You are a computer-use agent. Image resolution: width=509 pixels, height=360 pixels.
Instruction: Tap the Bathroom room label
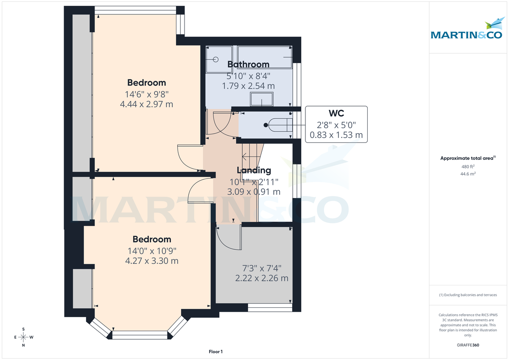tap(248, 64)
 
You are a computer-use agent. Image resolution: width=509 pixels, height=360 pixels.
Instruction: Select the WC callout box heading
tap(336, 114)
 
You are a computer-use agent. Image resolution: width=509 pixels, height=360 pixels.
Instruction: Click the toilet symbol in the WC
tap(278, 125)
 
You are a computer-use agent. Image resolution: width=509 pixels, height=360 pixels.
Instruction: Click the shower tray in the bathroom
tap(219, 59)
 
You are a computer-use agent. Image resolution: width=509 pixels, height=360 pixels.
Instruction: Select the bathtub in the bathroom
tap(265, 57)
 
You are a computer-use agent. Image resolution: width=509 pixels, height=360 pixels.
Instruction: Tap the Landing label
tap(254, 170)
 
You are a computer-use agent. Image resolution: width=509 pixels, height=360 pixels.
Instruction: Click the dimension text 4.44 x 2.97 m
tap(146, 104)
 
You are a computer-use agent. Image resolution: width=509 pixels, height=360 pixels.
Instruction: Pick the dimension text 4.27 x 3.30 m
tap(151, 261)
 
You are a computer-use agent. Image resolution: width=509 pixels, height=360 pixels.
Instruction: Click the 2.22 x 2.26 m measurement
tap(262, 279)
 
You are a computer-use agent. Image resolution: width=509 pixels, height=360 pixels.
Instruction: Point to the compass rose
tap(23, 337)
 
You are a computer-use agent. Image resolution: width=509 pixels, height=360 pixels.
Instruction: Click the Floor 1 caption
tap(215, 352)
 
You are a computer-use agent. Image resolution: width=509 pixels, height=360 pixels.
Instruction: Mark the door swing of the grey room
tap(227, 237)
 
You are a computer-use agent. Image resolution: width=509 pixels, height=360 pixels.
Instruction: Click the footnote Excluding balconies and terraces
tap(468, 295)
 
